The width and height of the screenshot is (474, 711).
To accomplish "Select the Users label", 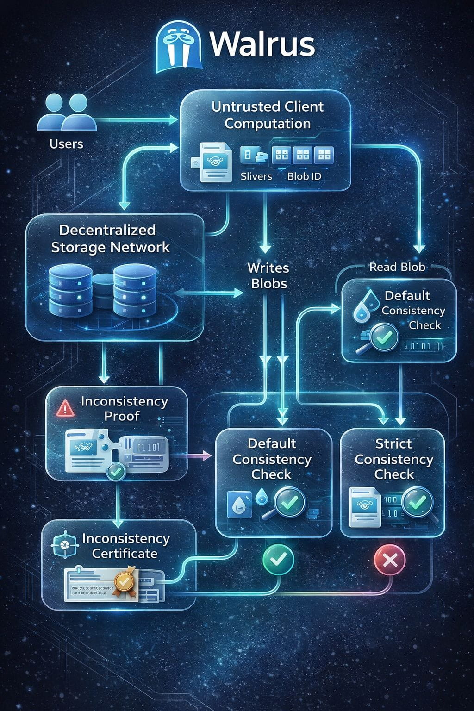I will click(x=66, y=144).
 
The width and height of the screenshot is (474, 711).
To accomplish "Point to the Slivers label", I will click(x=256, y=176).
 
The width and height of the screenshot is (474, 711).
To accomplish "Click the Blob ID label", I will click(x=304, y=176).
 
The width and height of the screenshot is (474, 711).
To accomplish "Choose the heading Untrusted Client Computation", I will click(x=267, y=115).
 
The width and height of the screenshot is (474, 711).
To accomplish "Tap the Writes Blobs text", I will click(x=268, y=275).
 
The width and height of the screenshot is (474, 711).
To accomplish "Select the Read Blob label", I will click(x=397, y=267).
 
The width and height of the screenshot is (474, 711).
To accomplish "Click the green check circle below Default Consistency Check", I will click(x=278, y=560).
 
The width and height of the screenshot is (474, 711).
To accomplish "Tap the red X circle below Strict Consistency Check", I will click(x=389, y=560).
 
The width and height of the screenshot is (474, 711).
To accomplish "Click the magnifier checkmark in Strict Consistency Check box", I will click(x=417, y=501).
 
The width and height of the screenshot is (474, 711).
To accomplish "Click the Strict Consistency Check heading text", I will click(x=393, y=459).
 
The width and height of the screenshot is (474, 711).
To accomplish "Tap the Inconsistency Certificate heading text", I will click(x=125, y=546).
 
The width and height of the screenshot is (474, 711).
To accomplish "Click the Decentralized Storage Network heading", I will click(x=110, y=238).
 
